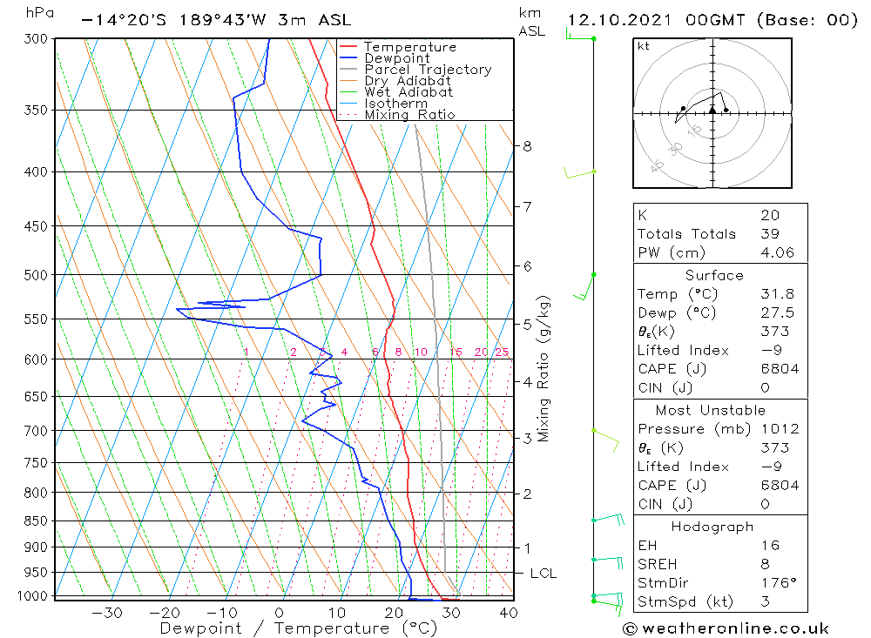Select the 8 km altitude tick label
coord(527,146)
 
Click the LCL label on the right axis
coord(543,574)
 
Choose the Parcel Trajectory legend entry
coord(428,70)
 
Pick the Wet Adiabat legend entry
coord(408,92)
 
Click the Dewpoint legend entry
coord(397,58)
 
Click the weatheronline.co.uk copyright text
coord(726,628)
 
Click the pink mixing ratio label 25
coord(502,352)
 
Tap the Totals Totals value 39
coord(770,234)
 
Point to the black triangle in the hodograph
coord(712,110)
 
